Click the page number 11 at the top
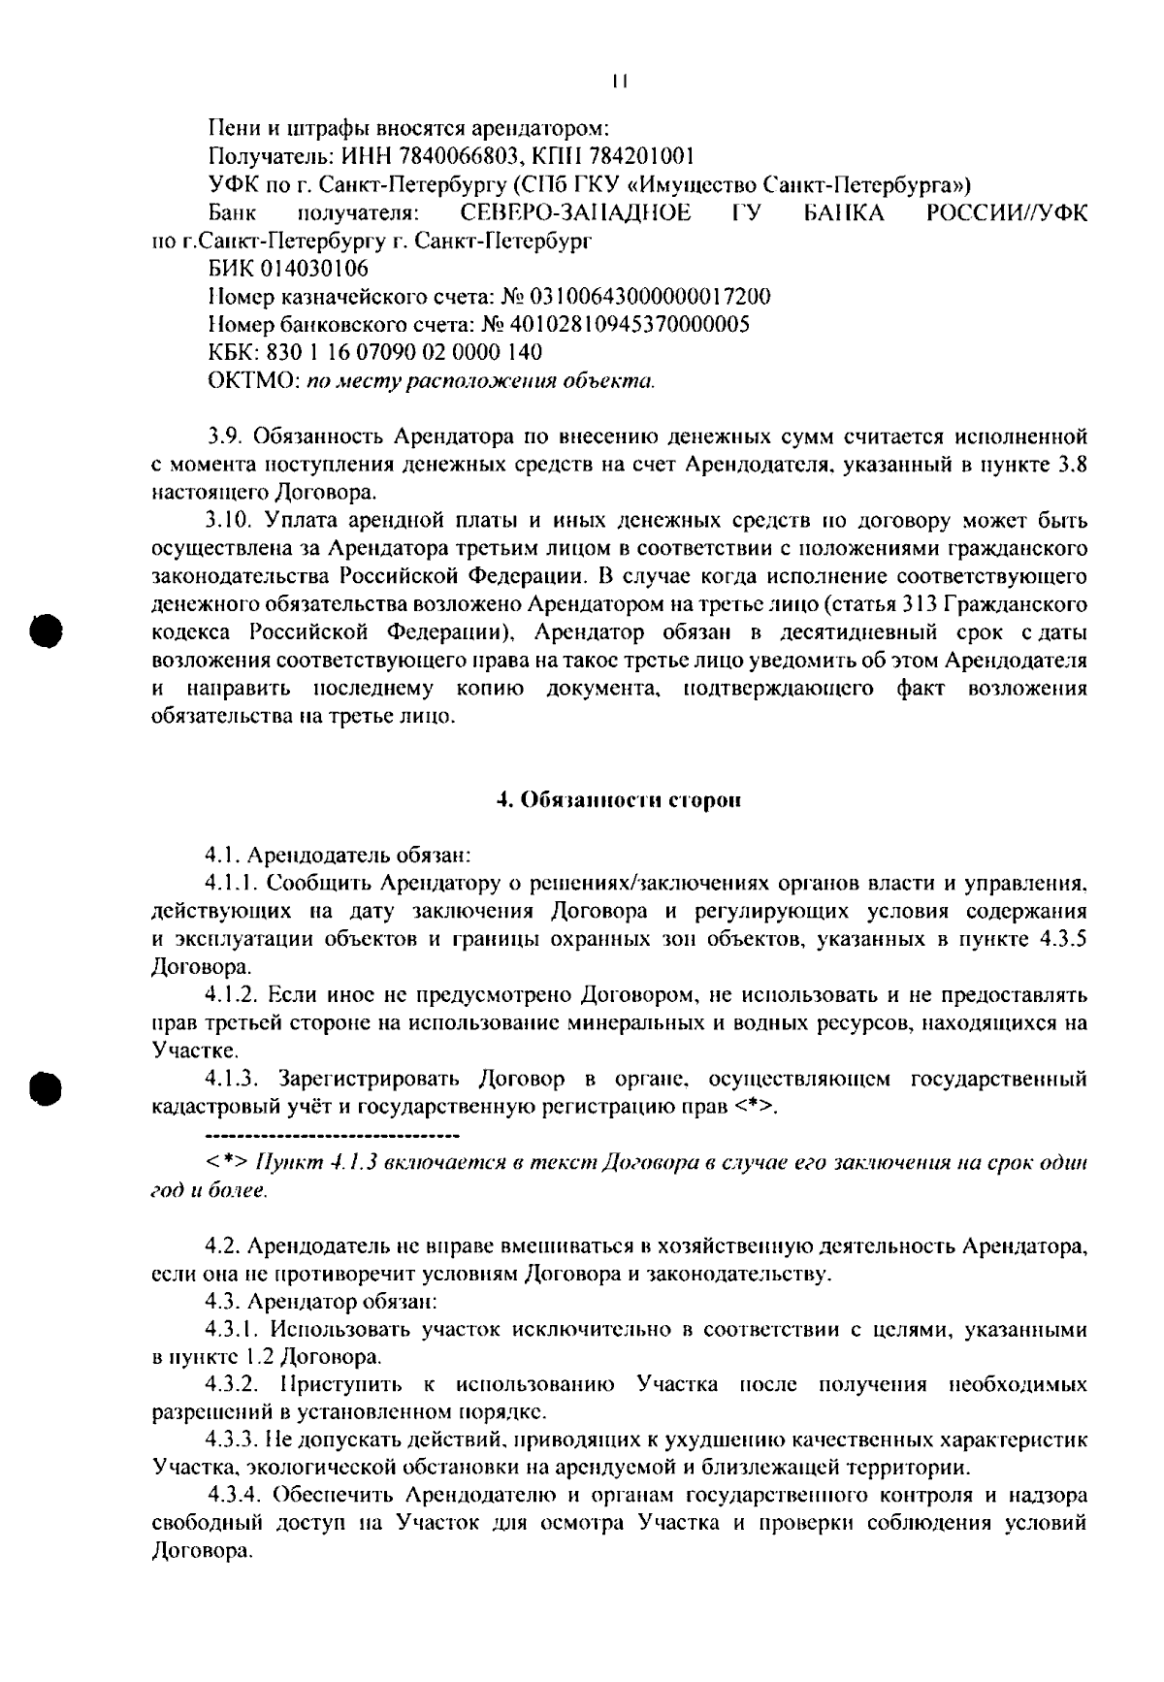(621, 82)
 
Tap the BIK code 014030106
(312, 268)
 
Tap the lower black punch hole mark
(45, 1086)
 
